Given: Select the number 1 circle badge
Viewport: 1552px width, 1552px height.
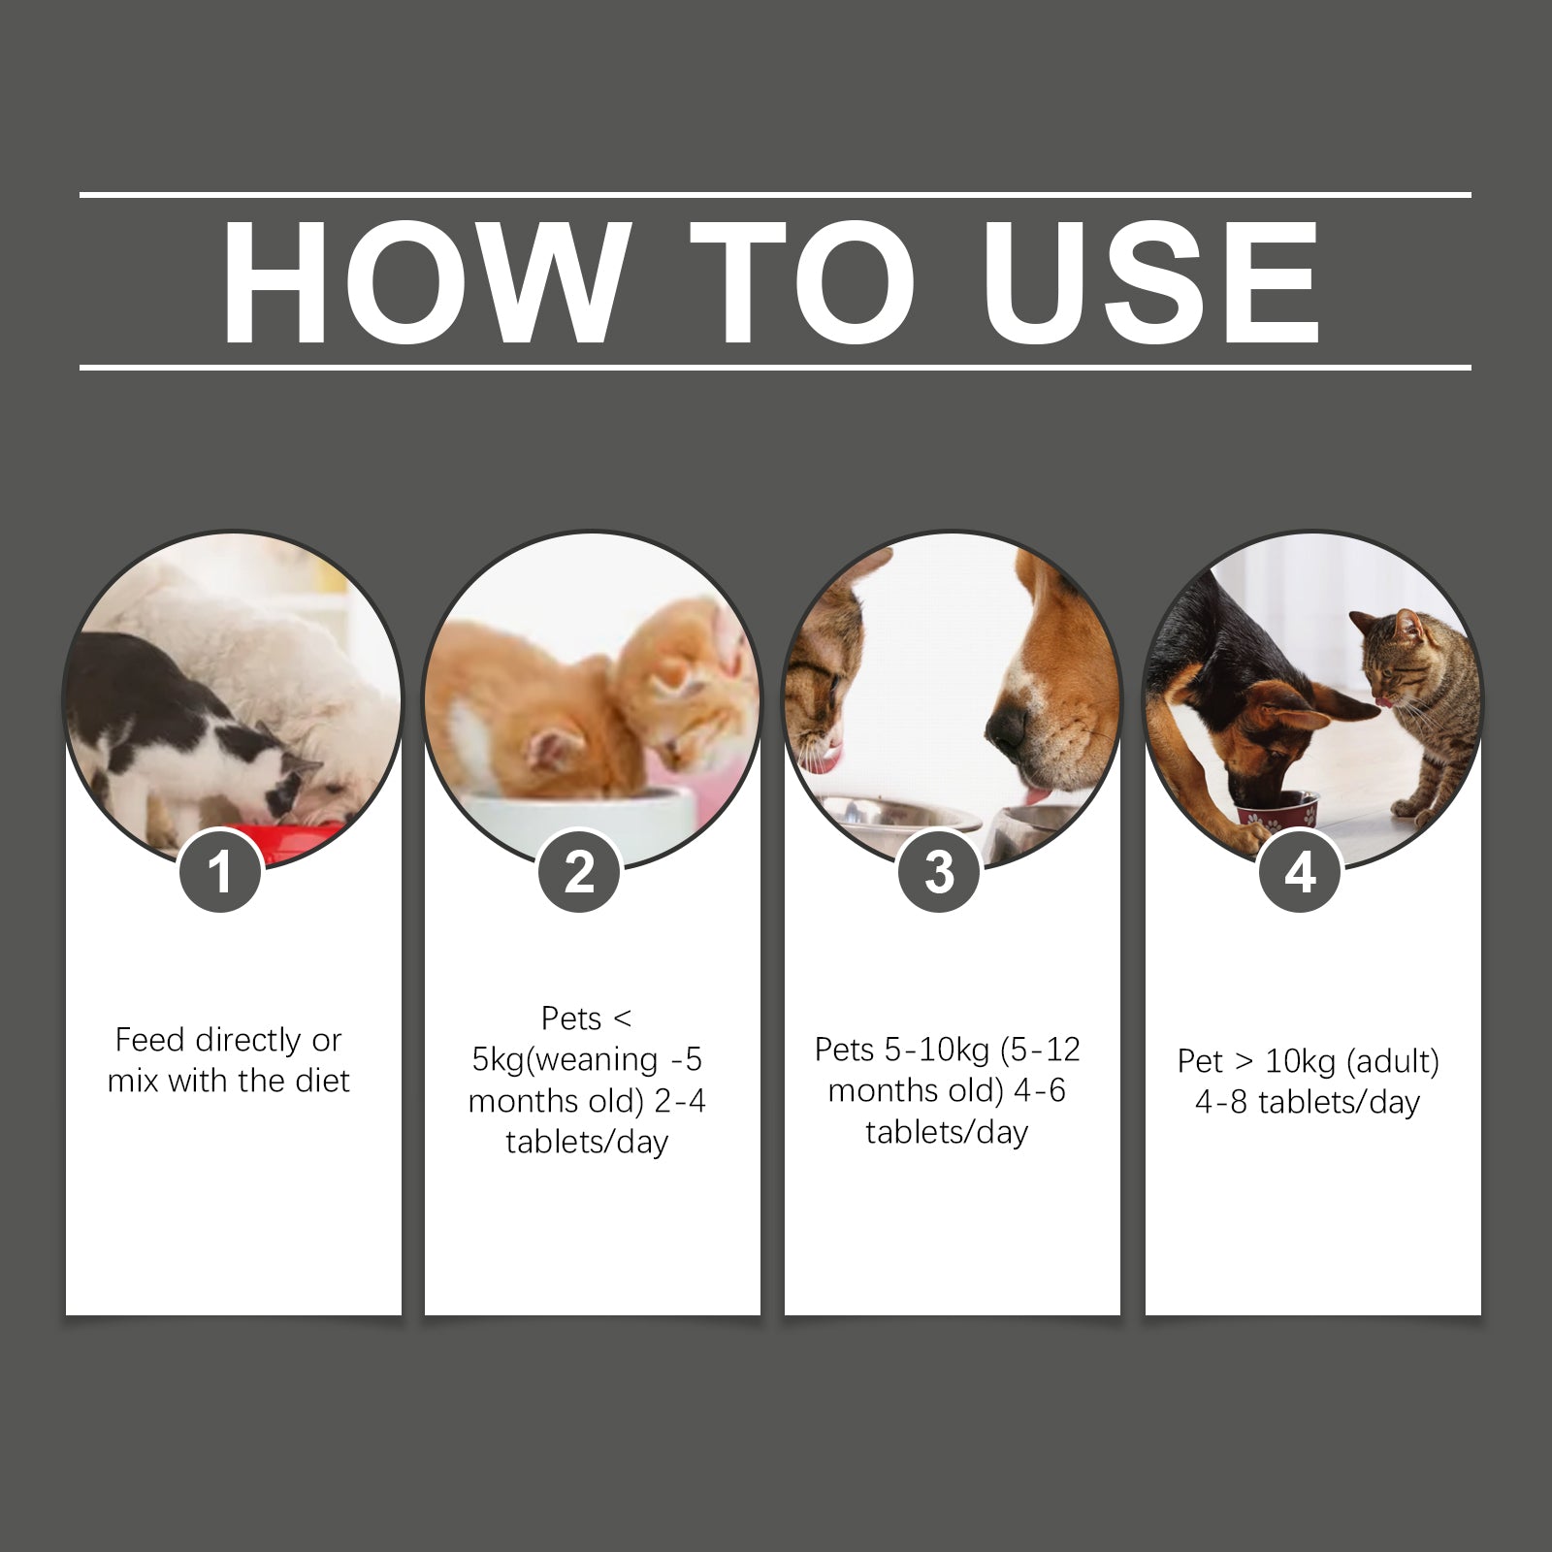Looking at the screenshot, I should (221, 871).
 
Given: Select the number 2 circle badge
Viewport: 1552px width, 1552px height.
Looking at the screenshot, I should (580, 871).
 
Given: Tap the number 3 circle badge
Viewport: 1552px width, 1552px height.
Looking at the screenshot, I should (940, 871).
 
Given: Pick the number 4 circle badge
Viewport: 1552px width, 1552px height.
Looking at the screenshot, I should (1300, 871).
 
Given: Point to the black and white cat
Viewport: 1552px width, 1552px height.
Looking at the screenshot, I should (184, 737).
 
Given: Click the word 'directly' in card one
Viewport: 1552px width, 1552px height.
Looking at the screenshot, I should (249, 1041).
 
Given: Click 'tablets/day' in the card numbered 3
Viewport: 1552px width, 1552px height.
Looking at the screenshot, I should (947, 1132).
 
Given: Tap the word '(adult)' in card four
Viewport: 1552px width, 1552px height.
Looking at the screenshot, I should (1394, 1061).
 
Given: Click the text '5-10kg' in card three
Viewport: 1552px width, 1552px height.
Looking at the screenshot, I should (938, 1050).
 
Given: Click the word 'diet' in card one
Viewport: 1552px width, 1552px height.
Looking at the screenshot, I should (322, 1082).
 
